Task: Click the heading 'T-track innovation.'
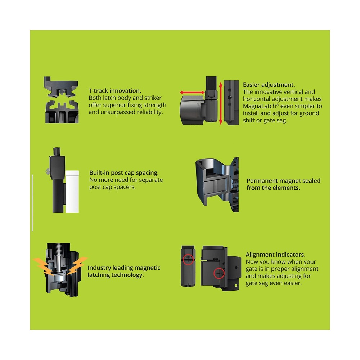(115, 91)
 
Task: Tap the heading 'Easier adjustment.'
(269, 85)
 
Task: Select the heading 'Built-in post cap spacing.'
(124, 173)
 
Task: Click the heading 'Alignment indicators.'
(275, 255)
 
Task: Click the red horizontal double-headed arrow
(192, 93)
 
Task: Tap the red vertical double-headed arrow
(221, 103)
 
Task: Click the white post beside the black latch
(72, 192)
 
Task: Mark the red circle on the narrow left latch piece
(188, 260)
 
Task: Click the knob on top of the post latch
(57, 152)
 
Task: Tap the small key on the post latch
(48, 171)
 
